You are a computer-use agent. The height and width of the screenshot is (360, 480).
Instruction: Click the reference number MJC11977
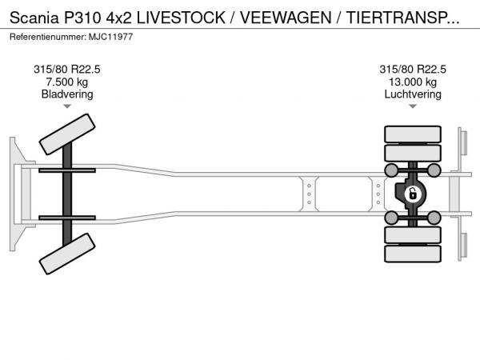(111, 37)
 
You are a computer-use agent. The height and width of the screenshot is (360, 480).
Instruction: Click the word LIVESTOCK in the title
(181, 18)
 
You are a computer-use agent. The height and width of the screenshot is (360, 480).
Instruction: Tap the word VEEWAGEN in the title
(286, 18)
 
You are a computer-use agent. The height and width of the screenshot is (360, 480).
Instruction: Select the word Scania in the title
(34, 18)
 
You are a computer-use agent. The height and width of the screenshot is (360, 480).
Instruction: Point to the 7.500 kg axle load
(67, 82)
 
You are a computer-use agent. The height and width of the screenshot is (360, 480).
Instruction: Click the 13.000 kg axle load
(413, 82)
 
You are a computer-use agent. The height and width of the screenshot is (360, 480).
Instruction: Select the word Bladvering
(67, 94)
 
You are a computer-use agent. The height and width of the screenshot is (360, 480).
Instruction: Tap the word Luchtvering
(413, 94)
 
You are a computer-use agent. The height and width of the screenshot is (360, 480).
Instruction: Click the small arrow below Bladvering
(67, 106)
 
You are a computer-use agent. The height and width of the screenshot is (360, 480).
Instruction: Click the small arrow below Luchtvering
(413, 106)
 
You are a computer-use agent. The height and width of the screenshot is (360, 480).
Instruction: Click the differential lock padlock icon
(413, 194)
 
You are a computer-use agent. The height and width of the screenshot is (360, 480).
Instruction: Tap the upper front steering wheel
(67, 134)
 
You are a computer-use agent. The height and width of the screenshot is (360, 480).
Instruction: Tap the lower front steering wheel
(67, 254)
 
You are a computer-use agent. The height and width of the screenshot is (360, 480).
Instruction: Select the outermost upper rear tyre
(413, 134)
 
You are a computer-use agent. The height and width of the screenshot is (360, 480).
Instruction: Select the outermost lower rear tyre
(413, 254)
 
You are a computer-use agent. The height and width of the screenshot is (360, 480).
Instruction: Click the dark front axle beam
(67, 194)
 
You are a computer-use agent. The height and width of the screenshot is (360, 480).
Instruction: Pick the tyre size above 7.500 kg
(67, 70)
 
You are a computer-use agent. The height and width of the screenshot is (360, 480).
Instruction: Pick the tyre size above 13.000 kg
(413, 70)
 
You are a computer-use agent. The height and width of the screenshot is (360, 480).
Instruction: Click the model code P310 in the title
(82, 18)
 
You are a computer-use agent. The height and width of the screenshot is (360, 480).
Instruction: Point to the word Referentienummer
(48, 37)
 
